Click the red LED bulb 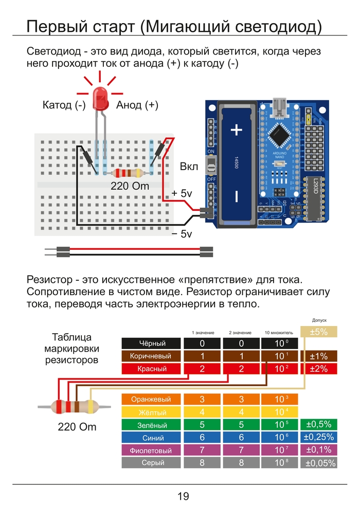point(100,99)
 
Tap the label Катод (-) point(64,105)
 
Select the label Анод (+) point(137,105)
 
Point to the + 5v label point(182,193)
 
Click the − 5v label point(182,234)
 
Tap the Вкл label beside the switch point(189,167)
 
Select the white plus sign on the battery point(237,130)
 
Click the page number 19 point(183,496)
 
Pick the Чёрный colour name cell point(152,343)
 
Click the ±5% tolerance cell point(319,332)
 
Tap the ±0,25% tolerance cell point(319,438)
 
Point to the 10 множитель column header point(278,333)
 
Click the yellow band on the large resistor point(91,407)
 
